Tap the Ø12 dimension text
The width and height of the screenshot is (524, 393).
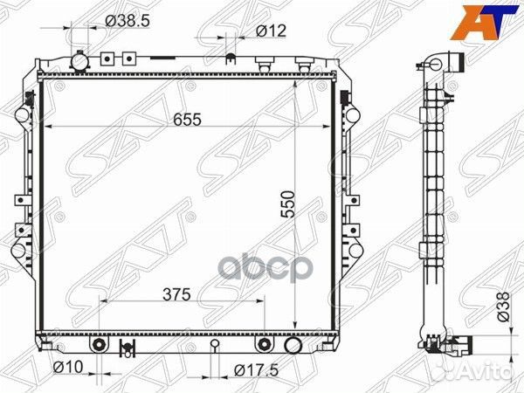point(272,31)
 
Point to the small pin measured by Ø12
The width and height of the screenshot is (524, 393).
point(231,60)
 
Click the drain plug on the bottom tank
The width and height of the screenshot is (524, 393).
point(124,350)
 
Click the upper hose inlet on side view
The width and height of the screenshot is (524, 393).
point(452,63)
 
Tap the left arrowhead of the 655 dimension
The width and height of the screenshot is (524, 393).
point(47,128)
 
